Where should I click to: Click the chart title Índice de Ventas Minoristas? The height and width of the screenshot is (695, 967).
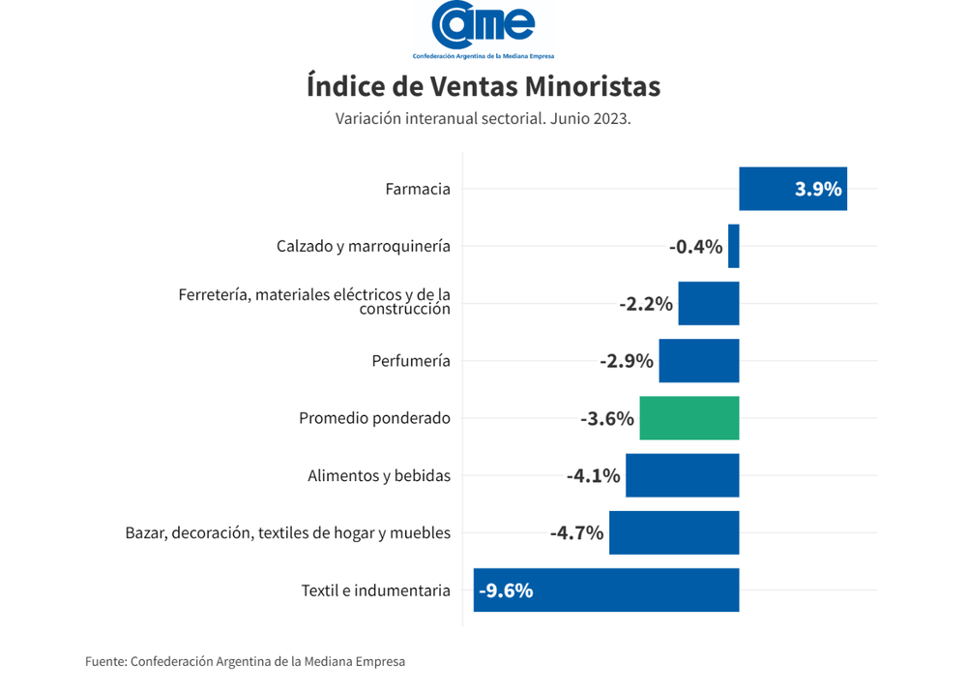[483, 86]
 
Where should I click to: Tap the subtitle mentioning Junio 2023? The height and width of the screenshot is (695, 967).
[483, 119]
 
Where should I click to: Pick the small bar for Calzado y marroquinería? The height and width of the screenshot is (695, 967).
[734, 246]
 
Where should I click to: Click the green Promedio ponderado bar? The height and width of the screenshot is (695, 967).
[689, 418]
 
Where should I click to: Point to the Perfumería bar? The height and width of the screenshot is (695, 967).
[699, 361]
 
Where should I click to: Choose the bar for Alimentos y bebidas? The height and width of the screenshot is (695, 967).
[683, 475]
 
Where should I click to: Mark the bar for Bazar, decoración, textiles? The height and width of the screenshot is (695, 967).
[674, 532]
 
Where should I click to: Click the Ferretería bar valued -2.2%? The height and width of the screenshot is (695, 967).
[709, 304]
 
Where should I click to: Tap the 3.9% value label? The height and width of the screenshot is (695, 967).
[818, 189]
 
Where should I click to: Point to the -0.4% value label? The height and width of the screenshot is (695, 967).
[695, 247]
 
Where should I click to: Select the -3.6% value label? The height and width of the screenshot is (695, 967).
[607, 419]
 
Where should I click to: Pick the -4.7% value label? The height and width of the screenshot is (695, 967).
[576, 532]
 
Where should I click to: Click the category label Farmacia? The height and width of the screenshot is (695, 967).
[418, 189]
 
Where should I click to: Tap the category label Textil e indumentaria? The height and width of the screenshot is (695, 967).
[375, 589]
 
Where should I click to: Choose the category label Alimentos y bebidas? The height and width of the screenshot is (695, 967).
[379, 475]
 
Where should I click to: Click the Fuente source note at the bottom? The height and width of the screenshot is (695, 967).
[245, 662]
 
